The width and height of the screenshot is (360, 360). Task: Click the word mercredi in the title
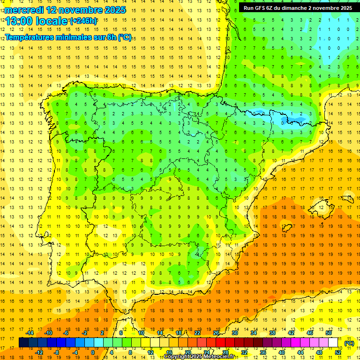coord(24,9)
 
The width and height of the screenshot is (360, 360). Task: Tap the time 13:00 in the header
coord(19,21)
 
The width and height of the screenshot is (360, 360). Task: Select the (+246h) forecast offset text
coord(83,21)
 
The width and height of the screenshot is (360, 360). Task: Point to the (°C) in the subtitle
coord(125,37)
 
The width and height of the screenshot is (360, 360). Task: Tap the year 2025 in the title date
coord(113,9)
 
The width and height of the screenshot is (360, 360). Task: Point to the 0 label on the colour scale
coord(92,352)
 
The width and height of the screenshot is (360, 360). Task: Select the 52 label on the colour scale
coord(338,352)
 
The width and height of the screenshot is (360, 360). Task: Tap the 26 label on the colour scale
coord(216,333)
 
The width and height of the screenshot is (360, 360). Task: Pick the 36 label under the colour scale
coord(262,352)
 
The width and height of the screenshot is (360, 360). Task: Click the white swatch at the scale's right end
coord(333,343)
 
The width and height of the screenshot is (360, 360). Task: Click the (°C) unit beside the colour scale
coord(349,343)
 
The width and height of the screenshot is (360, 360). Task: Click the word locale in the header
coord(52,21)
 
